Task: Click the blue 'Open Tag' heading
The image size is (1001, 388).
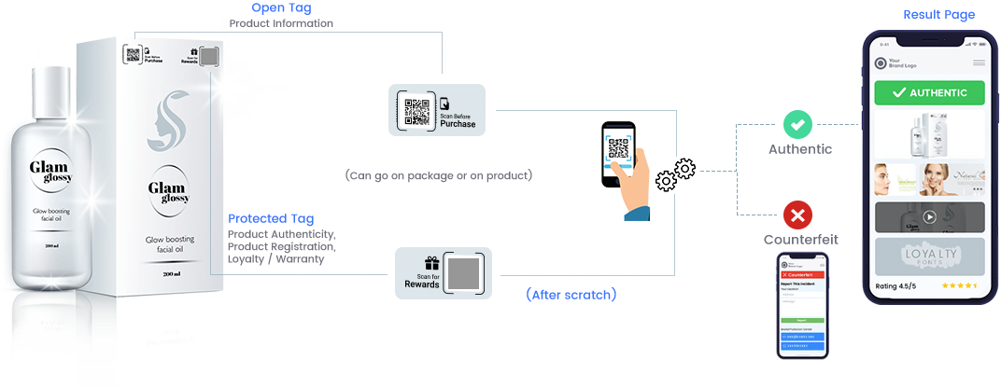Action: pyautogui.click(x=281, y=8)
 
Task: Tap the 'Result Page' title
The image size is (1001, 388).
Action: pyautogui.click(x=938, y=14)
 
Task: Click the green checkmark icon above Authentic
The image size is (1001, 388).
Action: pyautogui.click(x=797, y=124)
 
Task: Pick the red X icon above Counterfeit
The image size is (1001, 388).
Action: pyautogui.click(x=797, y=215)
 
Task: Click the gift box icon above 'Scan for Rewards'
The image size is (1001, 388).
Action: pyautogui.click(x=430, y=264)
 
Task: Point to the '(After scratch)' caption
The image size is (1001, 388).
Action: pyautogui.click(x=570, y=295)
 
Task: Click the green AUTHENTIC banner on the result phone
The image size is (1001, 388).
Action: pyautogui.click(x=929, y=93)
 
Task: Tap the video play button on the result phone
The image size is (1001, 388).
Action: pyautogui.click(x=929, y=217)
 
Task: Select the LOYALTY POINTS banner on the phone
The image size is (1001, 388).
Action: pyautogui.click(x=929, y=255)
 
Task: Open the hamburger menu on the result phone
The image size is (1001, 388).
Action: pyautogui.click(x=979, y=63)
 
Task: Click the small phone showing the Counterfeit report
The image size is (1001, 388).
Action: pyautogui.click(x=804, y=305)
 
